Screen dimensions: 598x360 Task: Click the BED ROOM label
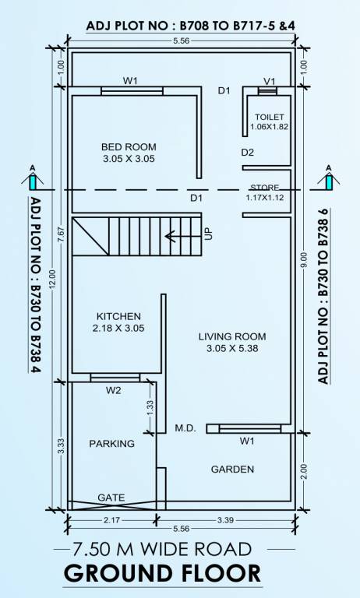[x=129, y=146]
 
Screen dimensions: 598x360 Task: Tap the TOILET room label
[x=269, y=117]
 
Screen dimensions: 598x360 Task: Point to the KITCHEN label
[x=118, y=316]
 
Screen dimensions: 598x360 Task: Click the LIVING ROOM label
[x=231, y=336]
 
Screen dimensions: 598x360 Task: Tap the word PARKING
[x=111, y=443]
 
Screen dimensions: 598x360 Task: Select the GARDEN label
[x=232, y=469]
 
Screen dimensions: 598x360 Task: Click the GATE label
[x=111, y=497]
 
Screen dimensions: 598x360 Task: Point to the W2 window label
[x=114, y=390]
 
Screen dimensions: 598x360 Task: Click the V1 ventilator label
[x=270, y=81]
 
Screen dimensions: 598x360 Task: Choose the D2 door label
[x=247, y=152]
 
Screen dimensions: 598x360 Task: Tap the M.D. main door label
[x=185, y=428]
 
